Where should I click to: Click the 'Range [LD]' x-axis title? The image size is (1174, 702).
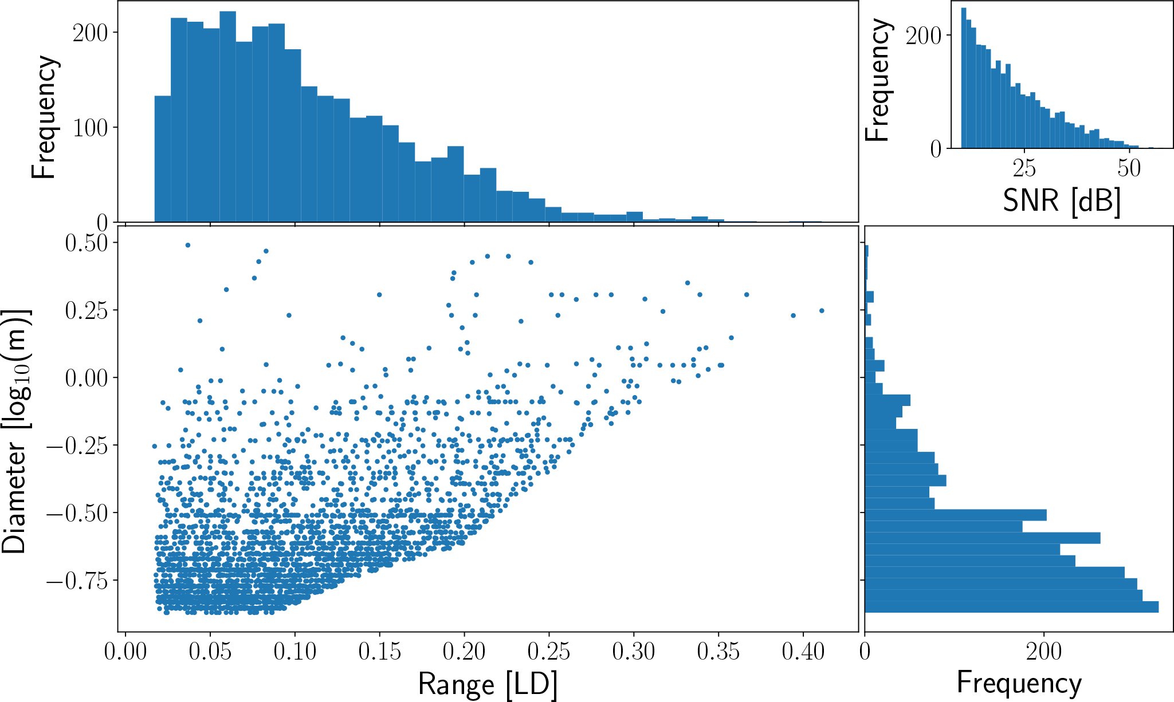pos(488,684)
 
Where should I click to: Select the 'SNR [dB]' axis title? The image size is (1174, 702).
pos(1062,200)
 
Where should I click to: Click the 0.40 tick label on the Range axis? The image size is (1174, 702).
pos(803,652)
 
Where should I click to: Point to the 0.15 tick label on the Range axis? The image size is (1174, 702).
pos(379,652)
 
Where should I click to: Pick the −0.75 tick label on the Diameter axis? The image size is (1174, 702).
pos(77,581)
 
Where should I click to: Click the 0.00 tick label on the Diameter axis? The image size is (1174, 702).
pos(87,378)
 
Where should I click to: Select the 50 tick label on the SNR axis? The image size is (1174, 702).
pos(1129,168)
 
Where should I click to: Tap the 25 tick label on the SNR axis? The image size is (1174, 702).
pos(1024,168)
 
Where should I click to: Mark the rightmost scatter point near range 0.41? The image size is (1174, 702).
pos(821,311)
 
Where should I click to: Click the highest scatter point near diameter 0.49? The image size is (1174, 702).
pos(187,245)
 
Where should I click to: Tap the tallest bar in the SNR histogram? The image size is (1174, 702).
pos(964,78)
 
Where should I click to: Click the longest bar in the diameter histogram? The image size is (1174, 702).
pos(1011,607)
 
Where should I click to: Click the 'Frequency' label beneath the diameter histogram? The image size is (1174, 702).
pos(1019,683)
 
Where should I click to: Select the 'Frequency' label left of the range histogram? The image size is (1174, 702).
pos(44,117)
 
